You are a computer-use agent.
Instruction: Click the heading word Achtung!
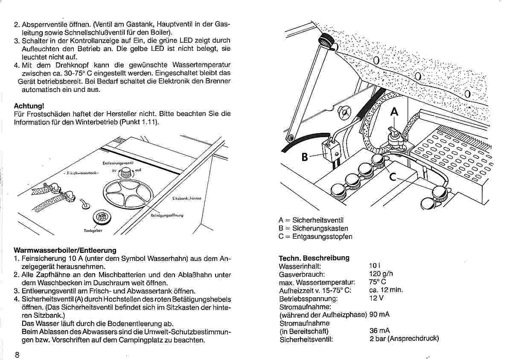point(29,105)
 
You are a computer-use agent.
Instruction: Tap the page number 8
point(17,354)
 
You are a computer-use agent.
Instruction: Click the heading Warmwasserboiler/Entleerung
point(65,250)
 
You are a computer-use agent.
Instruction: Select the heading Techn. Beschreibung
point(314,258)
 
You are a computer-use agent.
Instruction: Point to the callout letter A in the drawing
point(394,111)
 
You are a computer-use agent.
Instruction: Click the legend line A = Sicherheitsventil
point(311,220)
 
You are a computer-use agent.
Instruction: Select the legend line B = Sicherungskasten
point(313,228)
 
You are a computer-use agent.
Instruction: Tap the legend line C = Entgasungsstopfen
point(315,237)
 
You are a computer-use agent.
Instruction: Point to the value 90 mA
point(379,315)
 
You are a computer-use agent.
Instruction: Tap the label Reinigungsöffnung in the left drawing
point(167,215)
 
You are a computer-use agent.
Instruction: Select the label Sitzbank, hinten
point(186,199)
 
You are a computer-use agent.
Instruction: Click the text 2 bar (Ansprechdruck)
point(404,339)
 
